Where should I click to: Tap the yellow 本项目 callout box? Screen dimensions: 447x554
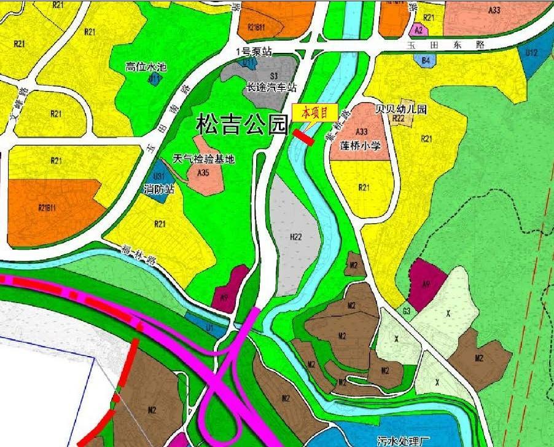314,113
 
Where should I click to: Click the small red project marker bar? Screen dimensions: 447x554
304,138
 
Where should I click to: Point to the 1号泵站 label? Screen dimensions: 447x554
257,52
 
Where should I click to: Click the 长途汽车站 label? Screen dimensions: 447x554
271,88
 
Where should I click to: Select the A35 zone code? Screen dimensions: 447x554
203,174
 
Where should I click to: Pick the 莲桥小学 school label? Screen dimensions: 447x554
361,146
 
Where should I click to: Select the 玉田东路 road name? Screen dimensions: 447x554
446,45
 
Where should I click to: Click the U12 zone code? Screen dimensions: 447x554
531,53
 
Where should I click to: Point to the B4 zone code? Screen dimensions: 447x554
425,60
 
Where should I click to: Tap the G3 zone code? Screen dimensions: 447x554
407,312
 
